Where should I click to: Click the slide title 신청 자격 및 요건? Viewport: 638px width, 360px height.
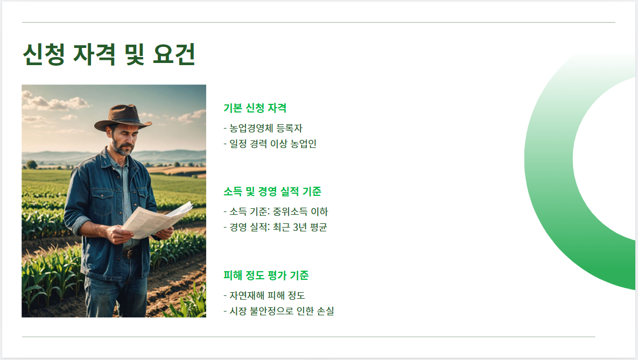[x=109, y=54]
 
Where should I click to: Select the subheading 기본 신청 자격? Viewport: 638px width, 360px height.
[x=255, y=108]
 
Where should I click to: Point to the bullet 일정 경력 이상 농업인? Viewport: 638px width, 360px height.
[x=270, y=144]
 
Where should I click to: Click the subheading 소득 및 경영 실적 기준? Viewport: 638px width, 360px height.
[x=272, y=192]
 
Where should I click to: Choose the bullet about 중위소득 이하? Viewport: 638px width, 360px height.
[x=275, y=211]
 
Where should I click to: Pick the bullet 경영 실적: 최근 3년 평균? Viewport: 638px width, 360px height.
[x=275, y=227]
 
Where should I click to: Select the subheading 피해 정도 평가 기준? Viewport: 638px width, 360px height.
[x=266, y=276]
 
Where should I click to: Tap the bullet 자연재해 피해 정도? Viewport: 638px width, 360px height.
[x=264, y=295]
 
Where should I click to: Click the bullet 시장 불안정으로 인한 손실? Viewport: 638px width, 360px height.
[x=278, y=311]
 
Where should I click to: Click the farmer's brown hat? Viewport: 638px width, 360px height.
[x=123, y=117]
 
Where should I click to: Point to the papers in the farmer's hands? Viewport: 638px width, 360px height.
[x=156, y=220]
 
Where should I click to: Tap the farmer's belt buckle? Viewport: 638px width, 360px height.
[x=130, y=253]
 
